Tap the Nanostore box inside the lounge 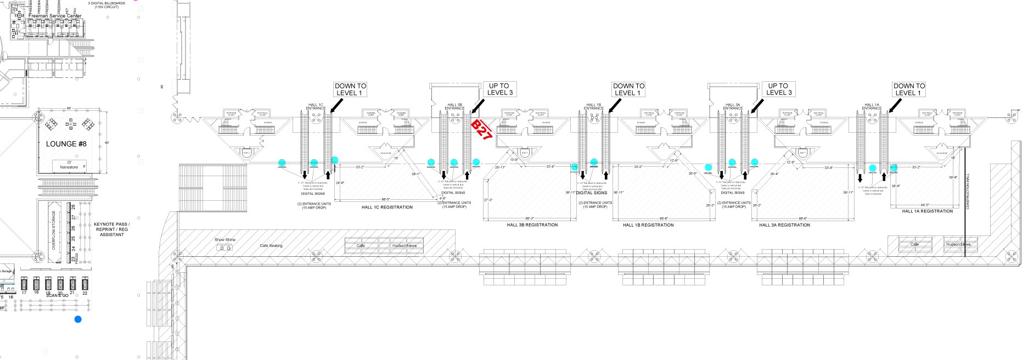(69, 165)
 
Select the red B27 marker (481, 130)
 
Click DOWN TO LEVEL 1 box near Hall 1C (350, 89)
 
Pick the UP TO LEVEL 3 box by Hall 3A (778, 89)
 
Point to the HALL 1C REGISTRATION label (387, 207)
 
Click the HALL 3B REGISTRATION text (532, 224)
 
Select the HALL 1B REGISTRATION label (648, 224)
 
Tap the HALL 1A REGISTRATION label (928, 211)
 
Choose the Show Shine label (225, 240)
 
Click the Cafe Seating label (271, 245)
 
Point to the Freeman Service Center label (55, 16)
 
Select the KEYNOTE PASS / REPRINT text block (111, 229)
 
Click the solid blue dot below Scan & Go (78, 319)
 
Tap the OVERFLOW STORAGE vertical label (54, 230)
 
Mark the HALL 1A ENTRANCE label (872, 106)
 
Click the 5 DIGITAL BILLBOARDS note (106, 5)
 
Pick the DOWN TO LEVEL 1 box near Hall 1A (909, 89)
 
